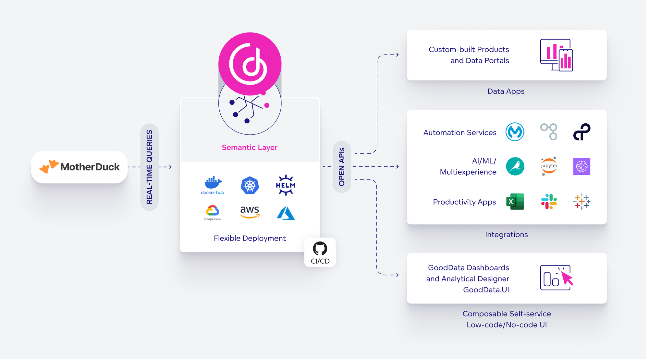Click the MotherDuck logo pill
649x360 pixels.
80,167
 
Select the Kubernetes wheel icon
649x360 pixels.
250,185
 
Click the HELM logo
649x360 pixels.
286,185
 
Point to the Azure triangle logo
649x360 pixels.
286,213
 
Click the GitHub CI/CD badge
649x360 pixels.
320,253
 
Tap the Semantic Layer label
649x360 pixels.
250,147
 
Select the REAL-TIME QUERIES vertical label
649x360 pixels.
150,167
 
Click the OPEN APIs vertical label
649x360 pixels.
342,167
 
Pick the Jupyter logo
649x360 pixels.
549,166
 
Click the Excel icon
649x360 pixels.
515,202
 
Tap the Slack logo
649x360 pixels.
549,202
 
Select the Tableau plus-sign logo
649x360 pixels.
582,202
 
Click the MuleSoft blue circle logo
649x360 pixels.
515,132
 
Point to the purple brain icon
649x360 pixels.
582,166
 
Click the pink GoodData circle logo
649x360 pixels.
250,64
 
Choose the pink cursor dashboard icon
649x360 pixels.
557,278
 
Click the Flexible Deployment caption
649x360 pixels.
250,238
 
